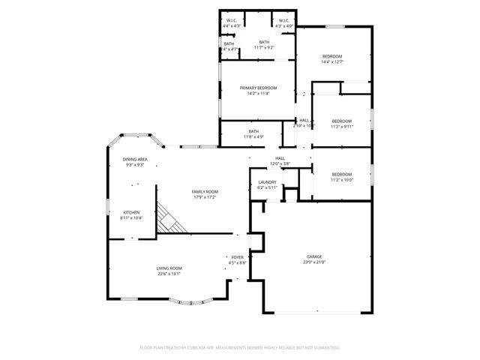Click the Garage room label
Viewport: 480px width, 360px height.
314,256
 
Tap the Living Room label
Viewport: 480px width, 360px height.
169,268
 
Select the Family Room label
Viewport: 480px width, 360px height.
205,192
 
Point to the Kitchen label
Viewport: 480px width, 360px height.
131,212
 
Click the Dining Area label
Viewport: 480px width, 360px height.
135,160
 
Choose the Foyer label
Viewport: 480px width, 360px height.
237,257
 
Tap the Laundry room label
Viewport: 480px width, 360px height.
267,182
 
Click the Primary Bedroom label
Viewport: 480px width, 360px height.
254,88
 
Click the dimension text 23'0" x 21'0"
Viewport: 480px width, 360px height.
314,262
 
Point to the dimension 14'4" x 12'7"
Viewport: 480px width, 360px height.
332,62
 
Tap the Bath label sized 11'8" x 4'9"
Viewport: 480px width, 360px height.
254,131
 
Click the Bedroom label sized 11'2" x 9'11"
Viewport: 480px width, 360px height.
342,121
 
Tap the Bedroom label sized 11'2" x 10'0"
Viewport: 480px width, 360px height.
342,174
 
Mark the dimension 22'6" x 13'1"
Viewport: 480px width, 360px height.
169,274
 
